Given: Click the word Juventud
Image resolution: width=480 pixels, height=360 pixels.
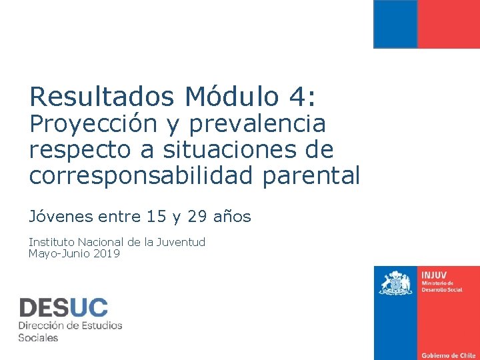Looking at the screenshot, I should [x=181, y=242].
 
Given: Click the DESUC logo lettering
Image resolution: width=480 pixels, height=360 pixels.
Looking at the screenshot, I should [x=63, y=307].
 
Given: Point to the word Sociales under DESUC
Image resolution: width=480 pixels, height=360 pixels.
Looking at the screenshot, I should [x=38, y=337].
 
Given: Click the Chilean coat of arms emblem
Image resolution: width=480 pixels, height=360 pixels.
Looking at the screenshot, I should [x=396, y=284].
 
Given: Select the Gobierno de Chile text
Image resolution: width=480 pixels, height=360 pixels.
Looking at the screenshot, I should [x=447, y=355].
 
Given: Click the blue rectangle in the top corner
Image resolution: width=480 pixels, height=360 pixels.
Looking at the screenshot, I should [x=395, y=24].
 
